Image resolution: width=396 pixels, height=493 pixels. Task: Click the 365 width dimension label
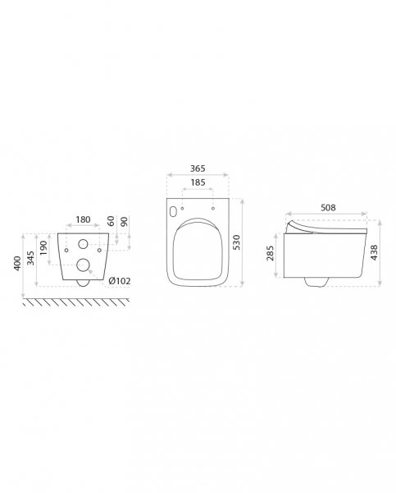pos(198,168)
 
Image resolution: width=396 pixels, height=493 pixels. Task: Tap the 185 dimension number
pos(198,182)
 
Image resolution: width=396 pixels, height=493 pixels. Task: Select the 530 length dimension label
pos(237,242)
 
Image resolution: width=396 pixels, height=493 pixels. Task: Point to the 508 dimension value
pos(328,208)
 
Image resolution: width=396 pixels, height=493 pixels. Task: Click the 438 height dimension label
pos(374,252)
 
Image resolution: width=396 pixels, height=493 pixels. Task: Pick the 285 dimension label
pos(270,253)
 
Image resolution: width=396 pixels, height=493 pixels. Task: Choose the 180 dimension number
pos(83,219)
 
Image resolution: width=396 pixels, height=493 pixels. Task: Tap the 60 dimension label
pos(111,221)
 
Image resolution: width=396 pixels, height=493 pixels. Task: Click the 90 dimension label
pos(125,221)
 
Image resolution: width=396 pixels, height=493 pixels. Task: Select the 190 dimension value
pos(43,248)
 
